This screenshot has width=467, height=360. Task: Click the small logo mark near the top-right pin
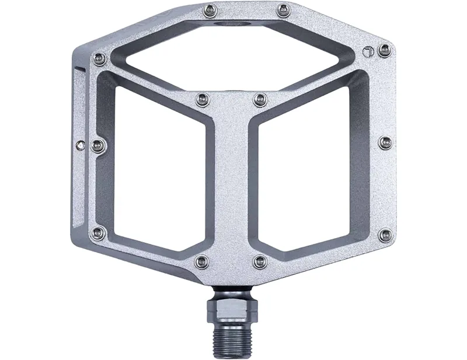tap(367, 51)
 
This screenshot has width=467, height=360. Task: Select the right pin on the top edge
tap(284, 10)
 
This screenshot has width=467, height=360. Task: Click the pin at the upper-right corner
tap(384, 50)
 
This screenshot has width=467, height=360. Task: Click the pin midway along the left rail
tap(99, 145)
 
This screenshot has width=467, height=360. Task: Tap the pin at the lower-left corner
tap(99, 233)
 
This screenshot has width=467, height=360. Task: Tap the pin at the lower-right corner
tap(385, 235)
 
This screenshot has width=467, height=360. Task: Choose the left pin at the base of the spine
tap(202, 261)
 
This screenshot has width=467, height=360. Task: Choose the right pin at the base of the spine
tap(260, 261)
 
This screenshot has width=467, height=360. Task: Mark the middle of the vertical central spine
tap(232, 181)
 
